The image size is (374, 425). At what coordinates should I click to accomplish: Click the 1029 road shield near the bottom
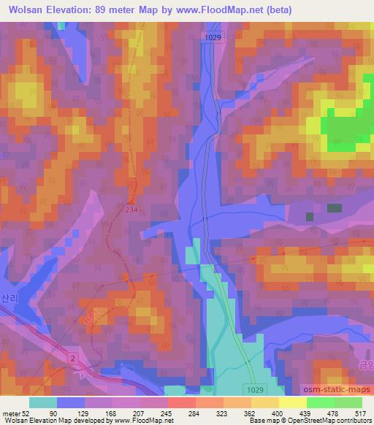pyautogui.click(x=253, y=391)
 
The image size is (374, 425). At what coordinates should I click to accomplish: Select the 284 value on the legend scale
pyautogui.click(x=194, y=413)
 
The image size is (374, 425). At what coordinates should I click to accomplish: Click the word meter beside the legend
pyautogui.click(x=11, y=413)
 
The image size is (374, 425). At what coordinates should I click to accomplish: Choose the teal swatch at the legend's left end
pyautogui.click(x=42, y=402)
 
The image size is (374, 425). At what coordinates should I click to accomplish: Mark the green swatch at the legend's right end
pyautogui.click(x=348, y=402)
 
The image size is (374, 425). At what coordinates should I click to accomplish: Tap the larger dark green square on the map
pyautogui.click(x=334, y=208)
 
